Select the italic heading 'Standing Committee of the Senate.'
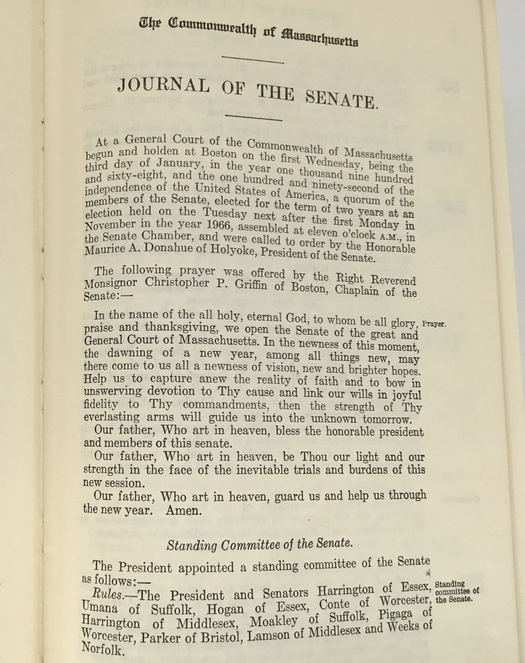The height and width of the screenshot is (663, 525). [x=258, y=547]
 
